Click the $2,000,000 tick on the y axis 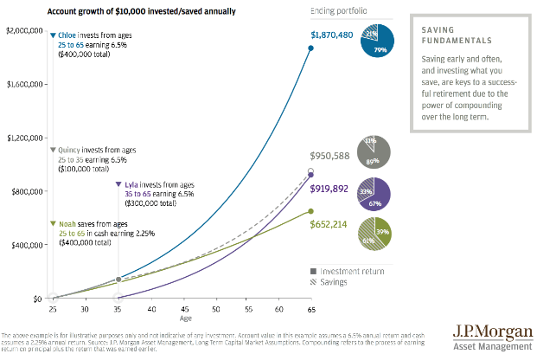click(23, 31)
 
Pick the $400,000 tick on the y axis click(26, 245)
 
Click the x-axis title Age click(186, 318)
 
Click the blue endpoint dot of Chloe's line click(310, 48)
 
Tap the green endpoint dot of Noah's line click(310, 211)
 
